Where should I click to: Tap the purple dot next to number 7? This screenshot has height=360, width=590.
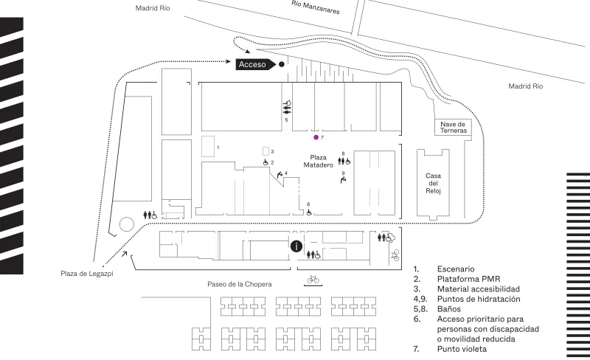click(x=316, y=137)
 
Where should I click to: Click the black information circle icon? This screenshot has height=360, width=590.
click(x=296, y=246)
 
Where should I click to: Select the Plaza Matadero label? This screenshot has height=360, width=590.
click(x=319, y=161)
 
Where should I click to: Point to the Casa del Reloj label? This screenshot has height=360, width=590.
click(x=433, y=184)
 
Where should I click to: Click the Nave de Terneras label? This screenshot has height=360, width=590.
click(x=454, y=128)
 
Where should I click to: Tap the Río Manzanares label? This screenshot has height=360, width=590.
click(x=316, y=7)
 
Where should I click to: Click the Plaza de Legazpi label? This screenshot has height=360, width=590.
click(x=87, y=274)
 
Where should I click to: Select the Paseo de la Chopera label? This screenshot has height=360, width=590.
click(x=239, y=284)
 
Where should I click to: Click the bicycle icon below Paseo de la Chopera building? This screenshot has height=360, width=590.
click(x=313, y=280)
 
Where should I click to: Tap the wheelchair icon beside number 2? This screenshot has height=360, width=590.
click(x=265, y=162)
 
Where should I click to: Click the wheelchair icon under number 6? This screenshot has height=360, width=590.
click(x=309, y=212)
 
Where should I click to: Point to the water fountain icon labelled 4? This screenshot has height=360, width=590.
click(x=280, y=175)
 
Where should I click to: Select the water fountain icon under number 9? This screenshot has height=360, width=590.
click(x=343, y=181)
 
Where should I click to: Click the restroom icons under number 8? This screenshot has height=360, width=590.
click(x=344, y=161)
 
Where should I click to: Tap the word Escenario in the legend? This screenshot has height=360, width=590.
click(x=456, y=269)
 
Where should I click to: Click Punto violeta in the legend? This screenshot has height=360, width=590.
click(x=462, y=349)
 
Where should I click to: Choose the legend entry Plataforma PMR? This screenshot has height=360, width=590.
click(x=468, y=279)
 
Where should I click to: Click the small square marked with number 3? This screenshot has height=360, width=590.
click(x=265, y=151)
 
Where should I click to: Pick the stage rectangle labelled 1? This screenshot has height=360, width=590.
click(x=208, y=147)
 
